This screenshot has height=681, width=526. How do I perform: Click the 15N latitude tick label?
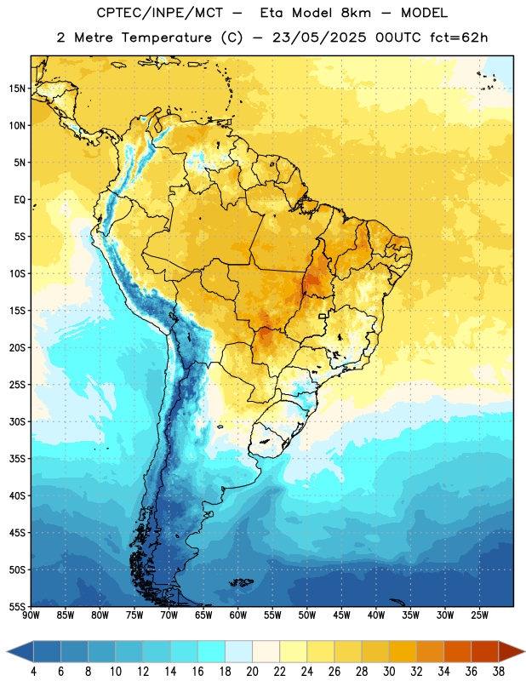17,89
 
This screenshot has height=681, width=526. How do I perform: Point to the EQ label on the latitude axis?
20,200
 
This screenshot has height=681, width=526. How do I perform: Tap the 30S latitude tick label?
17,421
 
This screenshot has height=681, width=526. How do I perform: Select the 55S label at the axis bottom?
17,607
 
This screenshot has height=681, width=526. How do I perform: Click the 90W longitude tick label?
31,615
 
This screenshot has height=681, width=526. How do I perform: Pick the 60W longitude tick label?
238,615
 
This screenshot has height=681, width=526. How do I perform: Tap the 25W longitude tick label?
479,615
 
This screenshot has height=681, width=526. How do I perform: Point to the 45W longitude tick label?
341,615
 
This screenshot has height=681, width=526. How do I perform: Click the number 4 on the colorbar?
33,672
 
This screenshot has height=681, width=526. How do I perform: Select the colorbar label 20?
252,672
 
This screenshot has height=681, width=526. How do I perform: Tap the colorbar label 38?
499,672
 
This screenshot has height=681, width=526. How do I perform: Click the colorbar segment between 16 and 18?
212,652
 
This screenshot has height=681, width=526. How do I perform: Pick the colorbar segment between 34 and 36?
458,652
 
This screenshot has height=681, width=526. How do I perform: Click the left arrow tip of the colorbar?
7,652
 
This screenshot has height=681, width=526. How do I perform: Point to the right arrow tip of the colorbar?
525,652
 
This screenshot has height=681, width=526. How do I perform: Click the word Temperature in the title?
167,37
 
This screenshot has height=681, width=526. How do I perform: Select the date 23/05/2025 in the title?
320,37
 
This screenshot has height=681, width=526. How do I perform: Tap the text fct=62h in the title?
459,37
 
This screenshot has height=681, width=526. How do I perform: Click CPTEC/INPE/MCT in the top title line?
160,14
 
